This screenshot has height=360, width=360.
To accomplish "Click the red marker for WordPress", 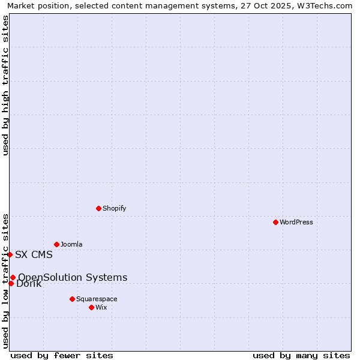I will [275, 222].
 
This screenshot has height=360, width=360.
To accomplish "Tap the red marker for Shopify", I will [98, 208].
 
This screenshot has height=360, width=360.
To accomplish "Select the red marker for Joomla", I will [56, 244].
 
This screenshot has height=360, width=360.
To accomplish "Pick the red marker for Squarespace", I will [72, 299].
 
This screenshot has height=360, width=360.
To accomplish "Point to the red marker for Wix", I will [91, 307].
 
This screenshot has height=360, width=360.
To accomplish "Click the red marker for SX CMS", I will [10, 254].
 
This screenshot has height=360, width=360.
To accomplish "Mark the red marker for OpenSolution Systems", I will [13, 277].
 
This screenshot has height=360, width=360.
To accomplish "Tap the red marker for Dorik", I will [11, 283].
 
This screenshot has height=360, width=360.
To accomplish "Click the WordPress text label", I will [296, 222].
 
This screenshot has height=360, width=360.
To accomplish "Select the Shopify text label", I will [114, 208].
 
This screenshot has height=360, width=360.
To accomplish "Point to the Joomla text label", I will [71, 244].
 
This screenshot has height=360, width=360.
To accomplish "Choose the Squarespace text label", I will [97, 299].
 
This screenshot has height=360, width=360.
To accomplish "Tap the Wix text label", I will [101, 307].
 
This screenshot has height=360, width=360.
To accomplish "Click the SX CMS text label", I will [34, 254].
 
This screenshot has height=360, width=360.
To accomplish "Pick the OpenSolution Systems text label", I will [73, 277].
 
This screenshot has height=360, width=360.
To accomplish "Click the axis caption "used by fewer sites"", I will [62, 355].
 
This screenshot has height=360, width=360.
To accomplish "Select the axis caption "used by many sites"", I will [301, 355].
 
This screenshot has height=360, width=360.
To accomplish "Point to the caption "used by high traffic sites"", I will [5, 85].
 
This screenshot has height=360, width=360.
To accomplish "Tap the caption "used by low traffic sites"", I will [5, 280].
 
